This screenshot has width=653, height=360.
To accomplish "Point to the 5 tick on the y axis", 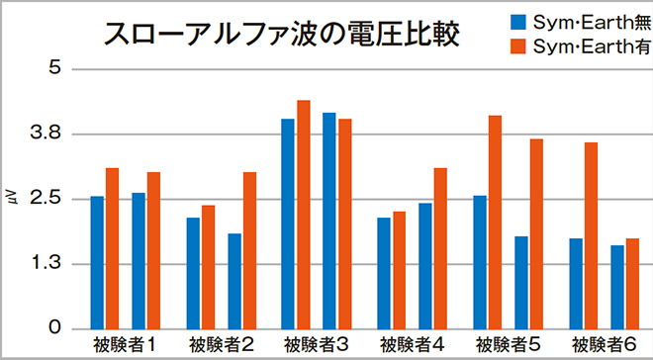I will click(55, 69).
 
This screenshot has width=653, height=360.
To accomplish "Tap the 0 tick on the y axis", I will click(55, 328).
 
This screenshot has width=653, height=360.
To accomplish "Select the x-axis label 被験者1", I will click(126, 345).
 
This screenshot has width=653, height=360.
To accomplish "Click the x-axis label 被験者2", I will click(222, 345).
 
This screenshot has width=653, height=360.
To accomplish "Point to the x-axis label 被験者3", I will click(317, 345).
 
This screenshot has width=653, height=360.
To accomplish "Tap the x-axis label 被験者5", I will click(508, 345).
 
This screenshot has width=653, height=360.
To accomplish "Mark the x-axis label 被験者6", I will click(604, 345).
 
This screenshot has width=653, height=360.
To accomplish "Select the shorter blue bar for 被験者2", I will click(234, 281).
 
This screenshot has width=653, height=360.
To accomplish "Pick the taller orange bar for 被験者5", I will click(495, 222).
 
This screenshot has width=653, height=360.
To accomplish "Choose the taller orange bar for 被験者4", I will click(440, 248).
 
